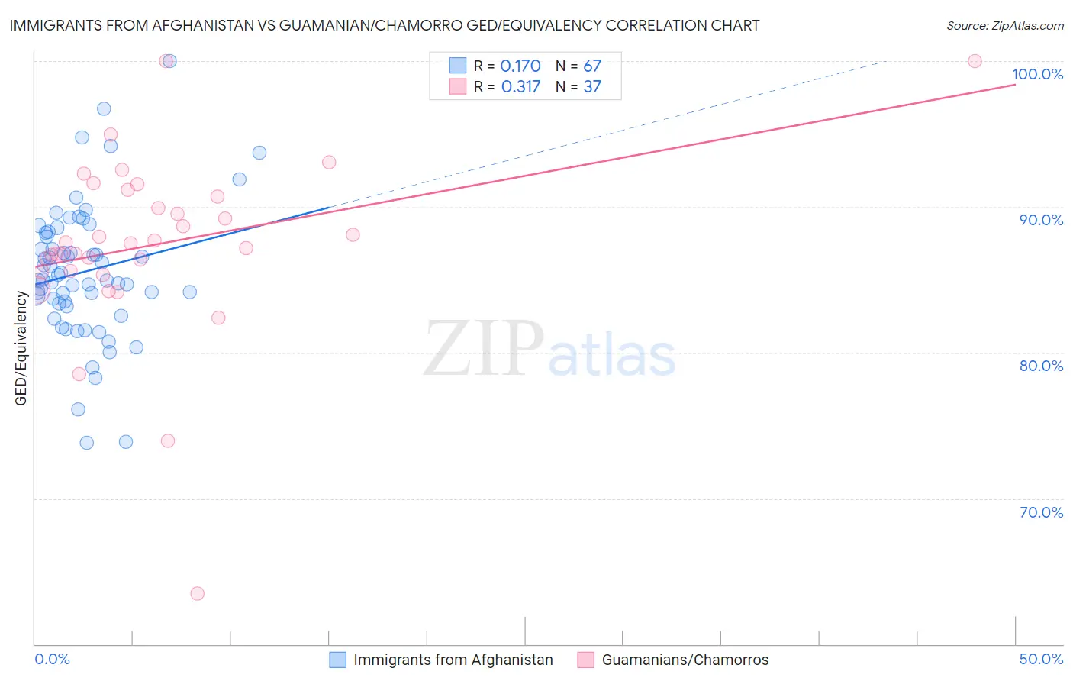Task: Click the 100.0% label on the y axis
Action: tap(1037, 74)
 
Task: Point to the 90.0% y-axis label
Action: tap(1041, 220)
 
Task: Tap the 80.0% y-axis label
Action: tap(1041, 366)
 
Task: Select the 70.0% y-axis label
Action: tap(1041, 512)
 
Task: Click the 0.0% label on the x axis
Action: tap(52, 659)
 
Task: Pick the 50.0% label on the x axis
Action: tap(1041, 659)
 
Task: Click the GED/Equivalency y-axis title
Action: tap(21, 348)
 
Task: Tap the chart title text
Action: tap(385, 25)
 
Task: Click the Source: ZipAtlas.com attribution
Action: tap(1004, 25)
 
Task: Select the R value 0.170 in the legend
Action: tap(520, 66)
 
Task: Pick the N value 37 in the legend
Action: tap(592, 86)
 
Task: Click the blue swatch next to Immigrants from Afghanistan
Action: tap(337, 660)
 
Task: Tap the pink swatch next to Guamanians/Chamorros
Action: tap(585, 660)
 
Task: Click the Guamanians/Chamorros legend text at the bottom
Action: tap(685, 660)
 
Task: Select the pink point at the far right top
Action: tap(975, 61)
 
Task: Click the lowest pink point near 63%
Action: tap(197, 593)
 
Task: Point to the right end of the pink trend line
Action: tap(1015, 84)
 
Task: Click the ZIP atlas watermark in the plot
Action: tap(549, 349)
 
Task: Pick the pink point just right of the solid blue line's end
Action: tap(353, 234)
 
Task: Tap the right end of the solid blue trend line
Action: tap(329, 207)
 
